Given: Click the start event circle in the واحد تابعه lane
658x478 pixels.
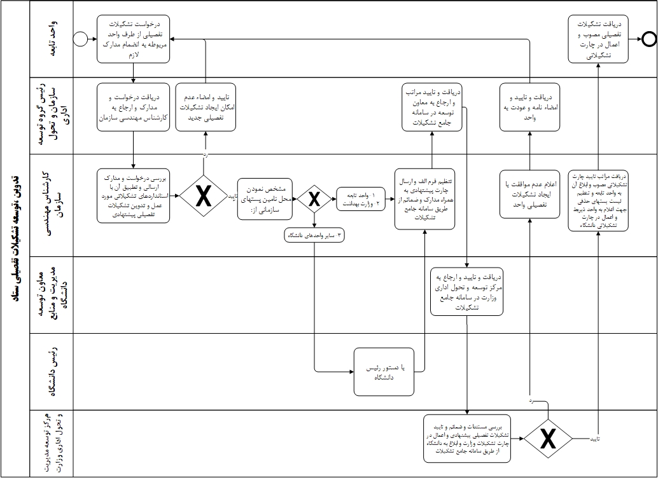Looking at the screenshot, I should pos(80,39).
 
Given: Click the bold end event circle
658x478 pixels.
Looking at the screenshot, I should pos(648,39).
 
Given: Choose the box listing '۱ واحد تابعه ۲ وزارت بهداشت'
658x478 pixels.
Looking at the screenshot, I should pos(361,199).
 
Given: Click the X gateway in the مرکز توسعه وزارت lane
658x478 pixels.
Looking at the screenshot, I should pos(549,439).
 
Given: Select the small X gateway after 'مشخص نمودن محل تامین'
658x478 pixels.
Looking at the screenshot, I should pos(314,199).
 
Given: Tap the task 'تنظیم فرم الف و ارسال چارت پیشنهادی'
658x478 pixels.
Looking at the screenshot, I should pos(424,199).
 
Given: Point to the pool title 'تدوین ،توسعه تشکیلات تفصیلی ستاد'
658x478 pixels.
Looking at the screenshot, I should pos(16,238).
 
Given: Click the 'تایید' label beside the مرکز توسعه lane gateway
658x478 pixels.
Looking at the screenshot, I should pos(594,439).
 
